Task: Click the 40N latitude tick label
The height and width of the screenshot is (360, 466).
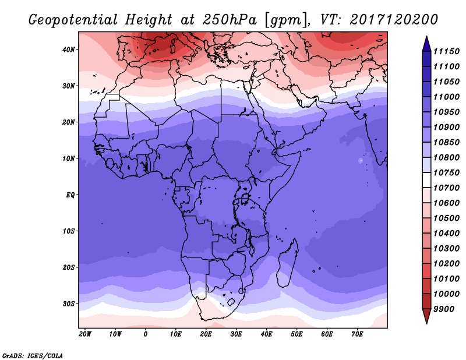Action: (68, 50)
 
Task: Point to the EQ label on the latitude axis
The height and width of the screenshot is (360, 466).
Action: (70, 195)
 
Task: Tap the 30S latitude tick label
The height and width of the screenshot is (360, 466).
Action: (68, 304)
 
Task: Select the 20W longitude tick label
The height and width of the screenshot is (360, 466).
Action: (85, 334)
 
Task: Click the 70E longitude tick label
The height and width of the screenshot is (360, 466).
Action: (357, 334)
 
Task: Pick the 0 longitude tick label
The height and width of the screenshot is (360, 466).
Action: (145, 334)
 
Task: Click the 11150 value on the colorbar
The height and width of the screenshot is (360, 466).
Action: (446, 51)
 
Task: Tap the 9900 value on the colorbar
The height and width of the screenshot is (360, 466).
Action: (444, 309)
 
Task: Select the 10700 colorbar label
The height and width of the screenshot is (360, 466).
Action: (446, 188)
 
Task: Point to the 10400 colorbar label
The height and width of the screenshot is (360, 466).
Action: (446, 234)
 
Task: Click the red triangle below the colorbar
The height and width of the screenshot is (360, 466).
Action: (426, 316)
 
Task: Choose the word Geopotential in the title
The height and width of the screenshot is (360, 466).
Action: (73, 20)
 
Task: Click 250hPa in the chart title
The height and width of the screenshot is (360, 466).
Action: (230, 20)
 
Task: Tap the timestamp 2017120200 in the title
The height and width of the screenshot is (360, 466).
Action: (394, 19)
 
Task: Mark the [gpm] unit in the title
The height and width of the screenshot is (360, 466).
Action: (285, 20)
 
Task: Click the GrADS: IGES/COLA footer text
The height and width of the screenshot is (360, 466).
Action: (33, 356)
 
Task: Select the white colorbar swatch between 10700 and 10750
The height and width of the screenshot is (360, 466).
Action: (426, 180)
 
